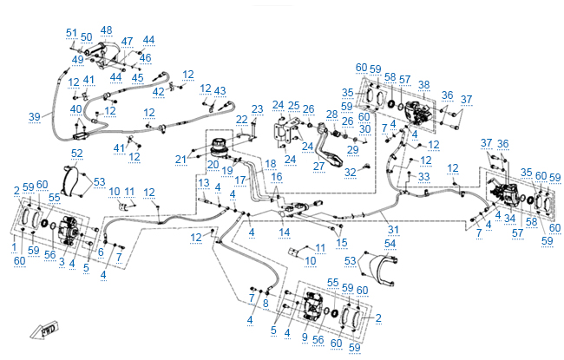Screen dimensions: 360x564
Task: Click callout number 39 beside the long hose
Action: click(x=35, y=115)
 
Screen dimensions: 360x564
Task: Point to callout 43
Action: click(x=220, y=90)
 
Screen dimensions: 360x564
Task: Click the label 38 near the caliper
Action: click(x=423, y=85)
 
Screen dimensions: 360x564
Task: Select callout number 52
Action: click(x=77, y=154)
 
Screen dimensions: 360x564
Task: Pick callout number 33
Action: click(x=423, y=176)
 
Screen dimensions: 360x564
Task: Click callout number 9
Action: click(x=305, y=337)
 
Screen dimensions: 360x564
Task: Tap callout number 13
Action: click(x=202, y=181)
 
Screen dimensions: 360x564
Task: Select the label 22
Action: click(x=242, y=119)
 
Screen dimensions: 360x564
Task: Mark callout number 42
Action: click(x=159, y=91)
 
